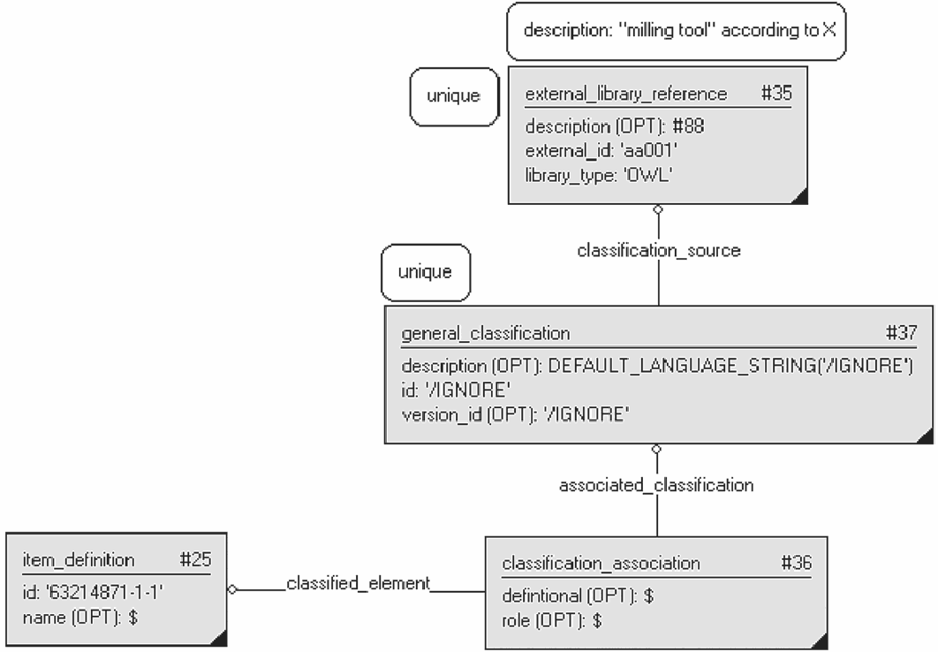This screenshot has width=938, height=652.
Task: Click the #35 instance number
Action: [x=776, y=94]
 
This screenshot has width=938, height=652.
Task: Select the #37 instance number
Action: [x=901, y=332]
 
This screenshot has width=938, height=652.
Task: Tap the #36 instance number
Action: [x=796, y=563]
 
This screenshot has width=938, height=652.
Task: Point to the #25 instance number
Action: [x=195, y=559]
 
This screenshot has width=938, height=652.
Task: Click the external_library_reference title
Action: [x=626, y=94]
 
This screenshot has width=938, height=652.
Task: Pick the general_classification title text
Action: [x=486, y=333]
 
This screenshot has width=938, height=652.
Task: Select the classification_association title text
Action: [x=601, y=564]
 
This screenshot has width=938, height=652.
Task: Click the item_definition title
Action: [x=79, y=560]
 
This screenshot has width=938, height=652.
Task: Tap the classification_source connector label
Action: [x=659, y=250]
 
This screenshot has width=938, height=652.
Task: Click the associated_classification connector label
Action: [x=656, y=484]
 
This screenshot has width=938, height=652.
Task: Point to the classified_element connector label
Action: [x=359, y=583]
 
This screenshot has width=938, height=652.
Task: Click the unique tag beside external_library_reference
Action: [x=454, y=96]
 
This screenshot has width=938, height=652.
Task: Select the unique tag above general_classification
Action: [x=426, y=272]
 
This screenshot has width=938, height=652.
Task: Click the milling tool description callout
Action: [x=677, y=31]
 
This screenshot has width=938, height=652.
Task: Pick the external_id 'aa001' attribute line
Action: [x=601, y=151]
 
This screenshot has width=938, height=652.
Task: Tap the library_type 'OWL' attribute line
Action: [x=599, y=175]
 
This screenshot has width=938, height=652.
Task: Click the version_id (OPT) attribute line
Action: [x=516, y=414]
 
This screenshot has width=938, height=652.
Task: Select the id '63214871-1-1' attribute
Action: [x=93, y=592]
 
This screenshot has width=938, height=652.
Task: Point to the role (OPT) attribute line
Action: [x=551, y=621]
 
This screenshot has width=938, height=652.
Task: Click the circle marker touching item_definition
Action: [x=232, y=590]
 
